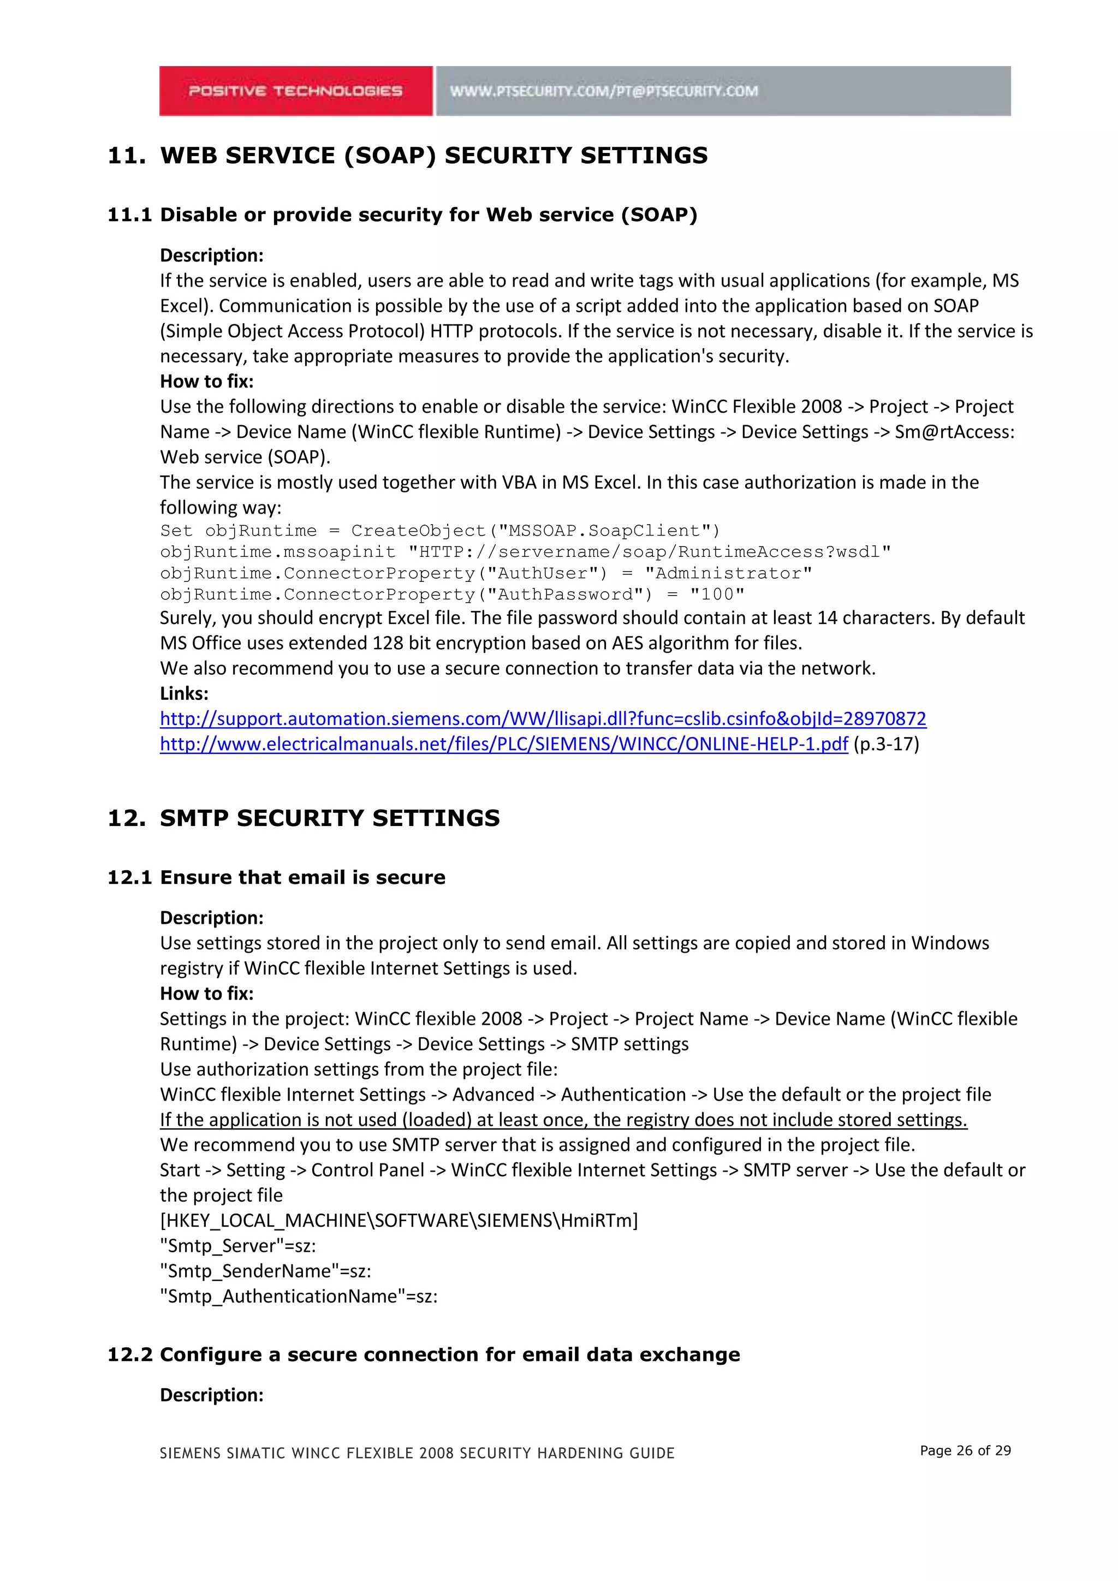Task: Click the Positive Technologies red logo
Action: coord(295,91)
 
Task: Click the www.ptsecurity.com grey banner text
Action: coord(604,91)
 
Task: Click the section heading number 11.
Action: coord(126,156)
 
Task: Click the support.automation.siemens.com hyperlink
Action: coord(543,719)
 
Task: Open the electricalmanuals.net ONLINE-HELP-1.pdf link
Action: coord(503,744)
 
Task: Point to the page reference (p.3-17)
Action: coord(886,744)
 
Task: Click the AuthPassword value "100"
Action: coord(717,595)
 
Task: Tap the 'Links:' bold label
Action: coord(184,693)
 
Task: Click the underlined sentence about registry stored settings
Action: coord(563,1120)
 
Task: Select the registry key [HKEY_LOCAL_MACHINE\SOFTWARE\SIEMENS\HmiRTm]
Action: coord(399,1221)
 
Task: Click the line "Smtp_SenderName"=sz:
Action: coord(265,1271)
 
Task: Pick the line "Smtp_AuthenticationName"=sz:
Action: coord(298,1297)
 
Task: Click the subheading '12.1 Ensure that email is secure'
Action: coord(276,877)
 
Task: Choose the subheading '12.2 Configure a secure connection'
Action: coord(424,1354)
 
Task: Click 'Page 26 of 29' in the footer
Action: coord(965,1451)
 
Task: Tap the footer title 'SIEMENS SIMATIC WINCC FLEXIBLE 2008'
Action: coord(417,1453)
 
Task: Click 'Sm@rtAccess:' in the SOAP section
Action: coord(954,432)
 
